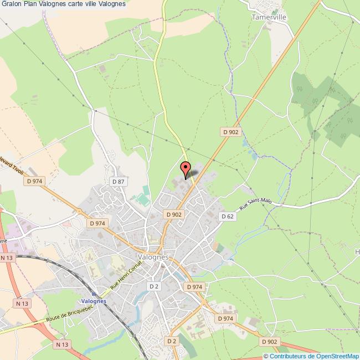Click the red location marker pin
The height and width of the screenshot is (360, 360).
(x=186, y=169)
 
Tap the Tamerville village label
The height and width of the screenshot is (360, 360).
(x=269, y=17)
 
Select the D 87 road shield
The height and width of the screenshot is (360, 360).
(x=117, y=181)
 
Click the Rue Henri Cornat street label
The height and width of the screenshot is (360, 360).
(x=127, y=275)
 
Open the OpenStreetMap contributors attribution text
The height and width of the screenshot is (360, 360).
(x=311, y=356)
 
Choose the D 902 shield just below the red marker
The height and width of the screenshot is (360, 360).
(x=173, y=214)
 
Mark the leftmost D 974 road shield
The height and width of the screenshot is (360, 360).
(x=34, y=181)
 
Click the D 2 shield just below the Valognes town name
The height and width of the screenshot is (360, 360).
(x=155, y=286)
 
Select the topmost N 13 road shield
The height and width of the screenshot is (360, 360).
(x=7, y=258)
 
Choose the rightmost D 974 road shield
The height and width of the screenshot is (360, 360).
(x=225, y=318)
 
